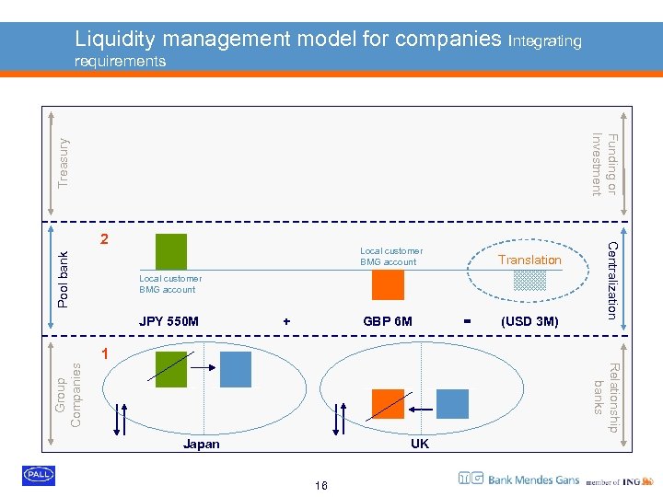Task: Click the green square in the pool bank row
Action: [171, 249]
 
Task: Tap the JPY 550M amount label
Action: [169, 321]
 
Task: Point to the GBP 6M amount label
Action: [388, 321]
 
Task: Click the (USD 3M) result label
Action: [529, 321]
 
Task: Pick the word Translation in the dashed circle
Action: [529, 260]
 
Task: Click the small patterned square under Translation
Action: [529, 280]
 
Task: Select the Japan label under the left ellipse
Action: [202, 444]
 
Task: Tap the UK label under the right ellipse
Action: [420, 444]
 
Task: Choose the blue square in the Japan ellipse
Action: [235, 368]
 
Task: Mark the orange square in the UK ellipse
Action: [388, 405]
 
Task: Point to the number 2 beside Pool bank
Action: [105, 238]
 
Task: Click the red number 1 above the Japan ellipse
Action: [105, 354]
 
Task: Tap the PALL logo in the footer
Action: [39, 475]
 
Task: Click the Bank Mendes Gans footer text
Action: [534, 479]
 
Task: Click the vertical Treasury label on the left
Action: [63, 162]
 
